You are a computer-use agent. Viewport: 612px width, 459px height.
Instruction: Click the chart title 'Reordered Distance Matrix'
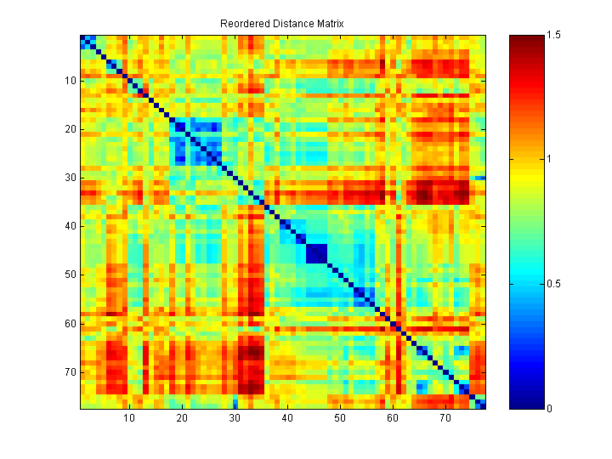[x=281, y=24]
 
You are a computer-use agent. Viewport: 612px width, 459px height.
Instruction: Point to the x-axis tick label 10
[x=128, y=420]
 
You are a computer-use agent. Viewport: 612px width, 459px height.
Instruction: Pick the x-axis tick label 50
[x=339, y=420]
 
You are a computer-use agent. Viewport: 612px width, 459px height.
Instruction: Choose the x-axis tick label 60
[x=392, y=420]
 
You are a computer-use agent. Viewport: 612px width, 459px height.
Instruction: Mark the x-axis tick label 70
[x=445, y=420]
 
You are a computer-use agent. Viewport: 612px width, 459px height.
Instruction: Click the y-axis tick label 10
[x=71, y=81]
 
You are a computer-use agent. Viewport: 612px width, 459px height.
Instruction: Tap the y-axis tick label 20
[x=71, y=129]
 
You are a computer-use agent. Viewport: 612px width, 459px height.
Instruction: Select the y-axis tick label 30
[x=71, y=178]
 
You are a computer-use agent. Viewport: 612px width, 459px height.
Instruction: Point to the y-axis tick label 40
[x=71, y=226]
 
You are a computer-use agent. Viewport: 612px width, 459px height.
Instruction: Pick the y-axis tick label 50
[x=71, y=275]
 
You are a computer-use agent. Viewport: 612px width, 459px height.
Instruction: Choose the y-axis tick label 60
[x=71, y=323]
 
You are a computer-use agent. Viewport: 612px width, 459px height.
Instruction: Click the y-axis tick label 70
[x=71, y=371]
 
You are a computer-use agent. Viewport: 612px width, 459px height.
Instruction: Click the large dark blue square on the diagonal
[x=316, y=253]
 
